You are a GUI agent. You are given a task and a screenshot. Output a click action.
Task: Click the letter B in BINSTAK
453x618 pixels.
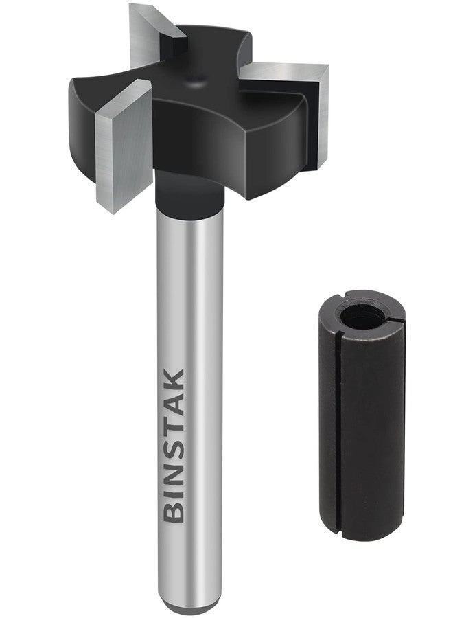coord(176,510)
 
